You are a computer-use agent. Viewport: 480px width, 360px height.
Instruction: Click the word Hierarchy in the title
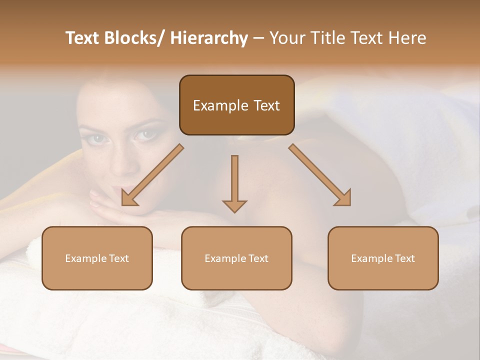click(209, 38)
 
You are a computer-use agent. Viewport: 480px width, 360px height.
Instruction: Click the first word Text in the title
click(83, 38)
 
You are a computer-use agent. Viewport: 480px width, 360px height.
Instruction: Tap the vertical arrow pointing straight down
click(234, 182)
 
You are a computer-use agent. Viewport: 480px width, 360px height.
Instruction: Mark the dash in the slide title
click(258, 38)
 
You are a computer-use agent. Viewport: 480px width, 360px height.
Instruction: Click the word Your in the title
click(285, 38)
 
